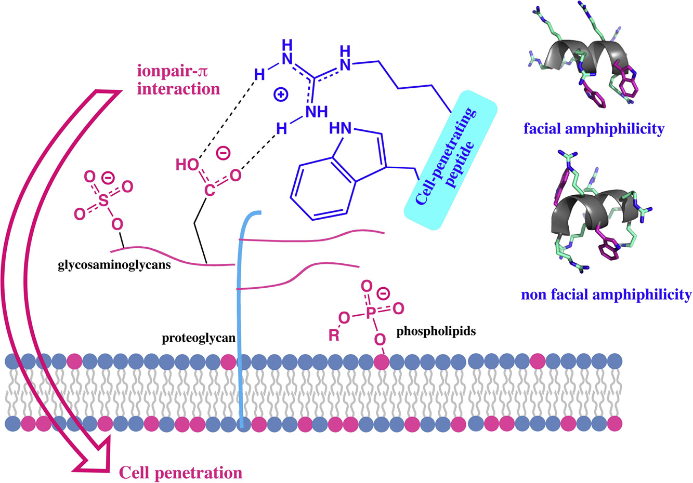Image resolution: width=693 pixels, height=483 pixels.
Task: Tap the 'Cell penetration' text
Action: pos(180,473)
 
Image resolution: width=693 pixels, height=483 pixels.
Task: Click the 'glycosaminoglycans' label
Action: pos(114,266)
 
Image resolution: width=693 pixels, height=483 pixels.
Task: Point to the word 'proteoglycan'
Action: pos(199,339)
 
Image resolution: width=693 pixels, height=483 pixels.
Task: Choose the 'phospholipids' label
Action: pos(436,331)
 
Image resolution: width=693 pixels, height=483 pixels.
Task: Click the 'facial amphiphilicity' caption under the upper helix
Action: pos(594,128)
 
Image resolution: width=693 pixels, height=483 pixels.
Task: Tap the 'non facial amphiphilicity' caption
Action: pos(606,294)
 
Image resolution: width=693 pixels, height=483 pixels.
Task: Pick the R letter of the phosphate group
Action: pos(334,336)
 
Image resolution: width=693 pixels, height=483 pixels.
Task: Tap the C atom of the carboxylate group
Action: pos(209,191)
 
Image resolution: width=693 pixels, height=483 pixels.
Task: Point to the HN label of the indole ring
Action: pos(339,128)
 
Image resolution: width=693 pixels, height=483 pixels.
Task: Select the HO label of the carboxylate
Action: pos(187,165)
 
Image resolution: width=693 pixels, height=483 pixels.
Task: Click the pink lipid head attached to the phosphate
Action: pos(382,361)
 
